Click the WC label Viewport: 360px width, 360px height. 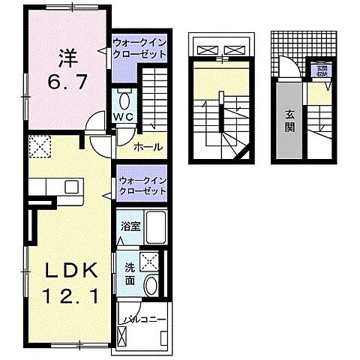124,118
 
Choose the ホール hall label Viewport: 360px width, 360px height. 148,147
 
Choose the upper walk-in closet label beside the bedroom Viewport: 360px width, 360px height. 139,49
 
